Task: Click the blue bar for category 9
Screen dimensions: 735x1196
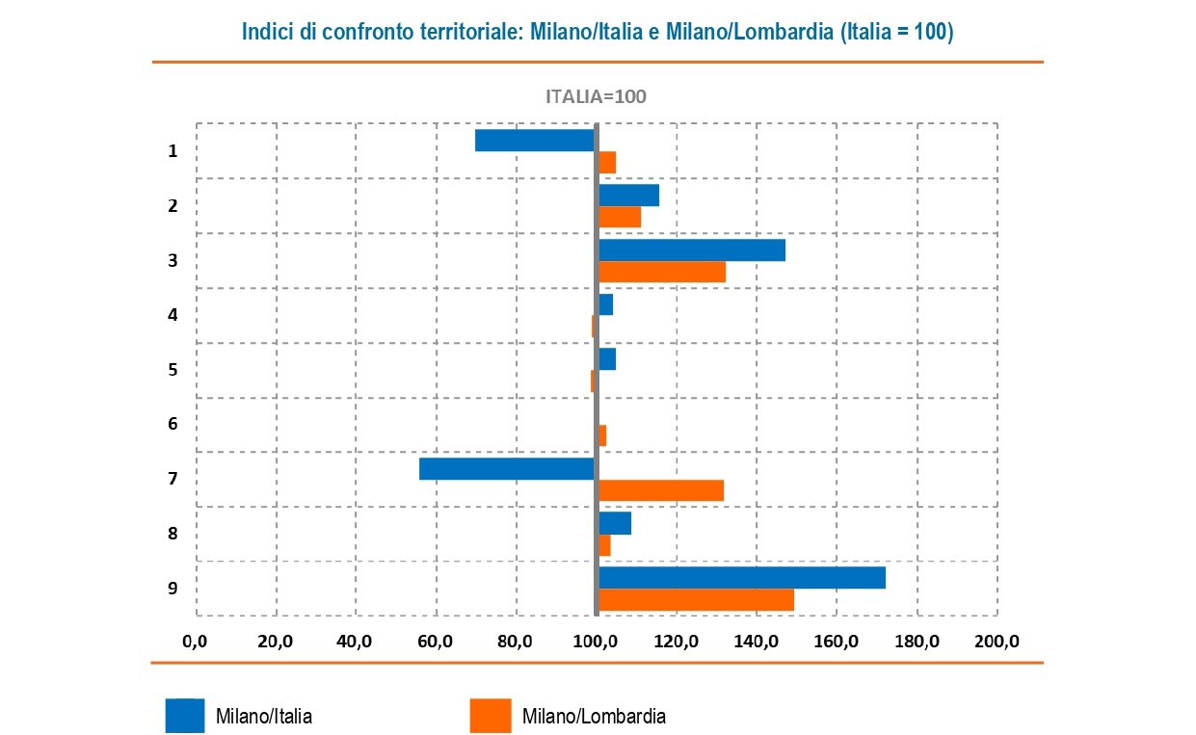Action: pyautogui.click(x=741, y=578)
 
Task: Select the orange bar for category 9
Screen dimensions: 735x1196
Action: pyautogui.click(x=696, y=600)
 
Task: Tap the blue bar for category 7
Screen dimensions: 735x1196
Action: pyautogui.click(x=508, y=468)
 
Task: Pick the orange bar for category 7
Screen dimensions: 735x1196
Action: pyautogui.click(x=661, y=490)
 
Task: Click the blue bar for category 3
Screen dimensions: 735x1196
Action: pyautogui.click(x=692, y=249)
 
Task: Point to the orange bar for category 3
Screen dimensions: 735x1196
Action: pyautogui.click(x=662, y=272)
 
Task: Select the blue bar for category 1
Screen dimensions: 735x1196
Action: pyautogui.click(x=536, y=141)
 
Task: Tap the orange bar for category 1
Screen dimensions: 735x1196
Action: pyautogui.click(x=607, y=162)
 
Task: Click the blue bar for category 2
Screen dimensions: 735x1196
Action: pyautogui.click(x=629, y=195)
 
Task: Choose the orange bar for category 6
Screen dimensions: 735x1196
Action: pyautogui.click(x=602, y=435)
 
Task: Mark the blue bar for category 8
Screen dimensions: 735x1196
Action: pyautogui.click(x=615, y=523)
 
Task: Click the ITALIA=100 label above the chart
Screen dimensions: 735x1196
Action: pyautogui.click(x=596, y=96)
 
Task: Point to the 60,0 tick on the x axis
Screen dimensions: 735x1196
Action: pyautogui.click(x=436, y=642)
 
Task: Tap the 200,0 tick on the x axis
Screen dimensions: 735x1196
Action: pyautogui.click(x=997, y=642)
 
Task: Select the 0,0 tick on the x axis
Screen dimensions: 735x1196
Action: pyautogui.click(x=195, y=642)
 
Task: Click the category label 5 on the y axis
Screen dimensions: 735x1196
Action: pyautogui.click(x=173, y=369)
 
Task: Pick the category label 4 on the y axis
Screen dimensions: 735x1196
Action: pyautogui.click(x=173, y=315)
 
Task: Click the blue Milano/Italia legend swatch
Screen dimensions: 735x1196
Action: pyautogui.click(x=184, y=716)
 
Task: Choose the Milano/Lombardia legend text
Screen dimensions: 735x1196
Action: pyautogui.click(x=594, y=717)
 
